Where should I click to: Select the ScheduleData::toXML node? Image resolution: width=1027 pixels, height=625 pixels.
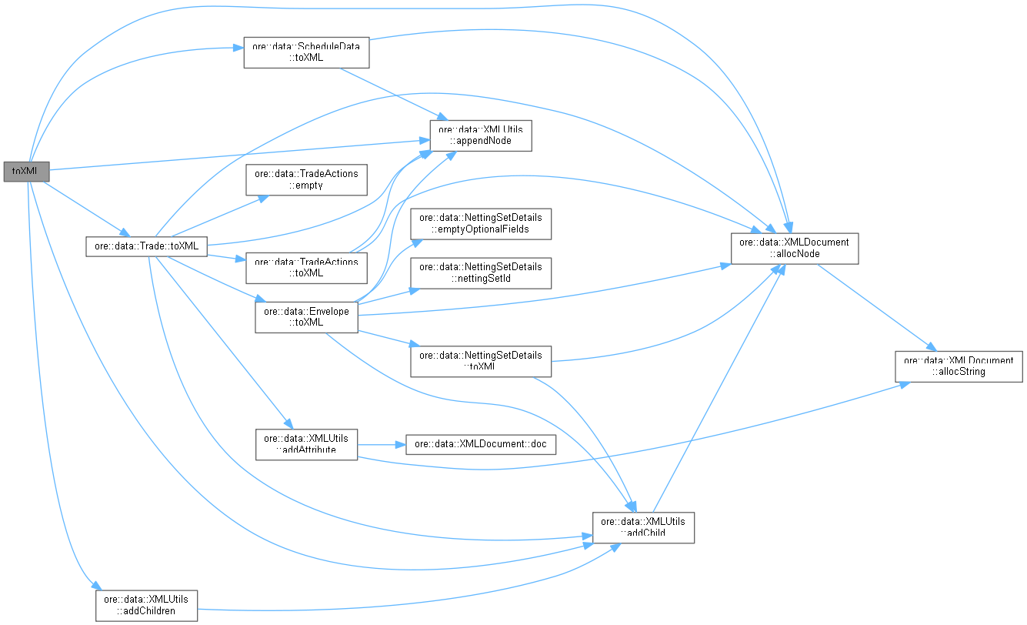[306, 52]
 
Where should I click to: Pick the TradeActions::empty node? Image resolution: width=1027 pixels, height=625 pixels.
[306, 179]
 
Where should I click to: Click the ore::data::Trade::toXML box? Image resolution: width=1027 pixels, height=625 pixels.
[145, 246]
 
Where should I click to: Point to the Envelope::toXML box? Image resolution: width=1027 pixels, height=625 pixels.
[306, 317]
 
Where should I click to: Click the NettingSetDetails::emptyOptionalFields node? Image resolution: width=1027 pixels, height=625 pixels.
[481, 224]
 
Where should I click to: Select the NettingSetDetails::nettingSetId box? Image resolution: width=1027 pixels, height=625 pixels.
[481, 272]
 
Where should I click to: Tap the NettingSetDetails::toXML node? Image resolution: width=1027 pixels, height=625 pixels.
[481, 361]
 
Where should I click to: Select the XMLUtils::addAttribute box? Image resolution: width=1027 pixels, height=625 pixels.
[306, 444]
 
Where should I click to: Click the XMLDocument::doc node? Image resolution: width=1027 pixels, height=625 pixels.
[480, 445]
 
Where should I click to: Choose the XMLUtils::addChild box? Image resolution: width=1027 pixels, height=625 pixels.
[643, 527]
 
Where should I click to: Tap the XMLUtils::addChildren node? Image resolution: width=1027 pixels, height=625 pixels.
[146, 605]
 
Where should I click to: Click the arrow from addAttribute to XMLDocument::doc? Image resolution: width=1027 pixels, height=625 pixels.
[381, 445]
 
